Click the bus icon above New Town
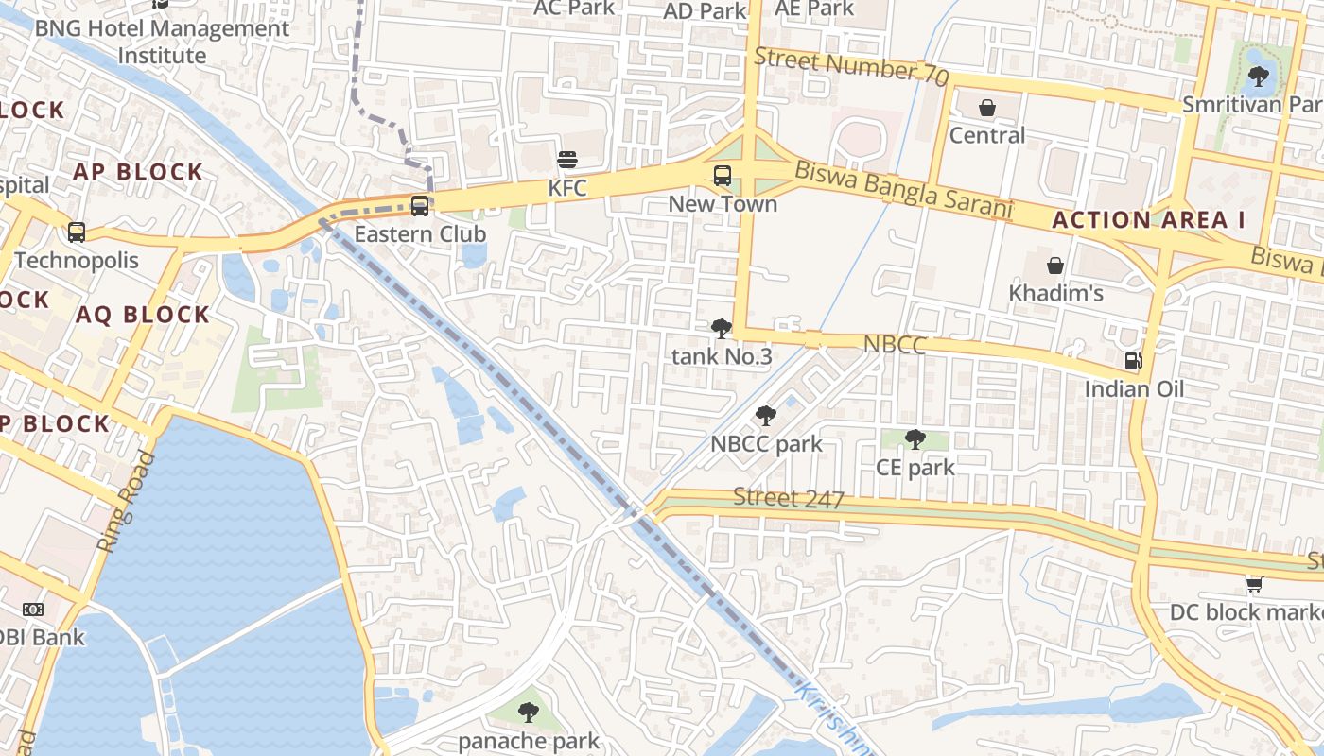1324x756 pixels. (723, 176)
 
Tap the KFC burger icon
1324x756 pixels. (567, 160)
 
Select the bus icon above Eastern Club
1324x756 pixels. (420, 205)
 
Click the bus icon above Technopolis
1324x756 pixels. (77, 232)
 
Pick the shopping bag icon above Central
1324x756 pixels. (987, 108)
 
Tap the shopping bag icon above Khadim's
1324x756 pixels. (1055, 266)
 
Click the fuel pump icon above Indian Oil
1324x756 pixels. (1133, 361)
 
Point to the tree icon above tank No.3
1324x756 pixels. (722, 329)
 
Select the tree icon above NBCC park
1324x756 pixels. (766, 415)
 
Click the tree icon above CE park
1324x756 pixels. (915, 438)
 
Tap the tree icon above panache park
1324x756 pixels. (529, 712)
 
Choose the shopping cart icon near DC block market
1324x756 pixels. (1254, 584)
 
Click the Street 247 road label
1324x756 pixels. (789, 498)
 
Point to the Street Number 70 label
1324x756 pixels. (851, 67)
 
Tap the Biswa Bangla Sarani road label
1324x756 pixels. (903, 189)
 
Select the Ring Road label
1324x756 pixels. (126, 502)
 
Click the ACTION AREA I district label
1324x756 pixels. (1149, 220)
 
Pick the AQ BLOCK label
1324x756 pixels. (142, 315)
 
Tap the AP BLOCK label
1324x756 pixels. (138, 172)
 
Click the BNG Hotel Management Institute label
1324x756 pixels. (162, 42)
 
